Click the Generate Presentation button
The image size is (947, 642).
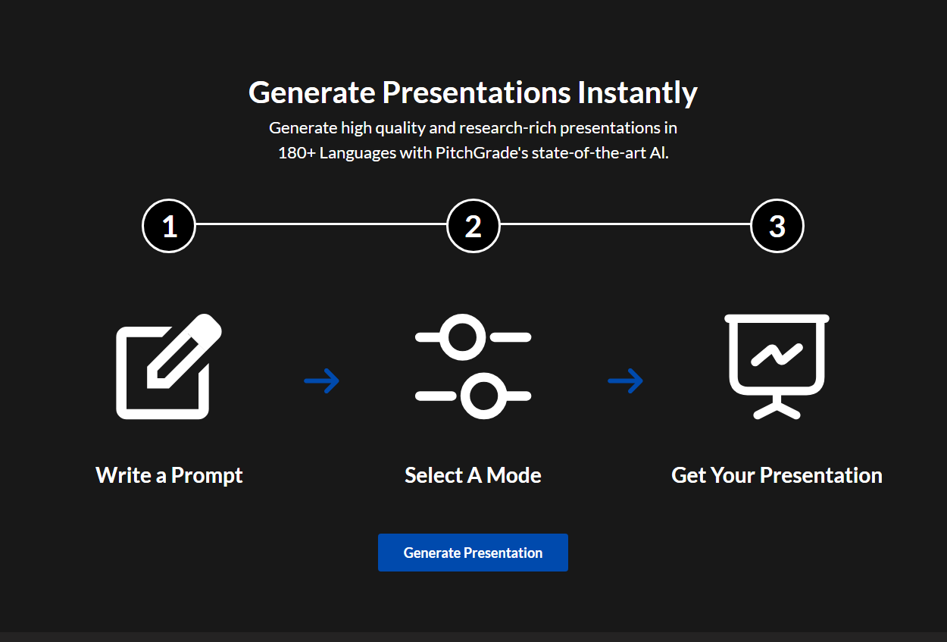click(x=473, y=553)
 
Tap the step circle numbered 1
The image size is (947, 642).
click(x=169, y=226)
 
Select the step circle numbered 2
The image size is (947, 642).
click(x=473, y=226)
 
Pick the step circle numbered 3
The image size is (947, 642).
click(x=777, y=226)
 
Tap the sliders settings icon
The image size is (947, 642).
click(x=473, y=366)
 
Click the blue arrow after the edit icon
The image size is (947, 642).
click(x=322, y=381)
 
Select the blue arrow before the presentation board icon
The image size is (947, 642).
click(x=625, y=381)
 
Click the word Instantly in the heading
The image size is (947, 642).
click(x=637, y=92)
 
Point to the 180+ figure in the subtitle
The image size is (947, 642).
click(x=297, y=152)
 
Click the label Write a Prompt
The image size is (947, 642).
click(x=169, y=475)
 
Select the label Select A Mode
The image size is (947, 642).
click(x=473, y=475)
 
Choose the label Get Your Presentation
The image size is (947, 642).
click(x=777, y=475)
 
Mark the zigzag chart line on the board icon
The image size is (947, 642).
click(x=777, y=355)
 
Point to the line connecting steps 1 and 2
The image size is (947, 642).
click(x=321, y=224)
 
